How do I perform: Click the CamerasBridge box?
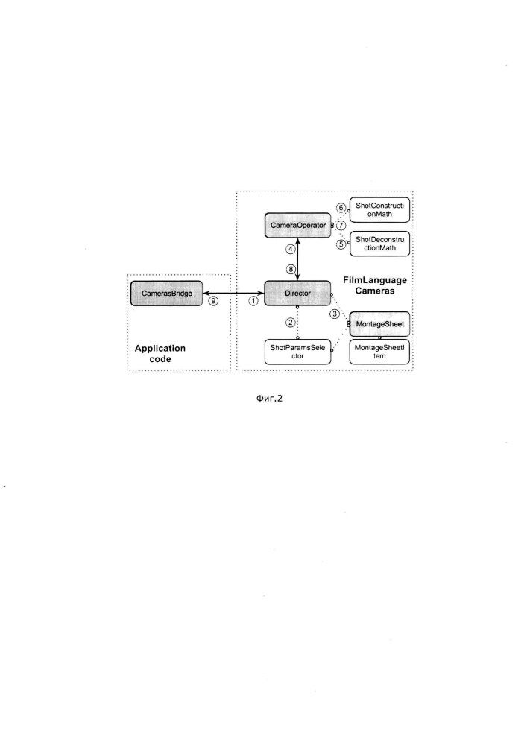coord(166,293)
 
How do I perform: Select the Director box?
coord(297,293)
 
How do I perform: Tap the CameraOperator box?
coord(297,225)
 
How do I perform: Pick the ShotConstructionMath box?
coord(379,209)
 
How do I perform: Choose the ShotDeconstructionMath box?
coord(379,244)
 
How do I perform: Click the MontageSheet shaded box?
coord(379,324)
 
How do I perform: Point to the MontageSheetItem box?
coord(379,352)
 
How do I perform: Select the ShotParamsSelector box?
coord(297,352)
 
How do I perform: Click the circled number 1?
coord(253,301)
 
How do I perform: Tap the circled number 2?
coord(291,322)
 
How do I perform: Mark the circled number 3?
coord(335,314)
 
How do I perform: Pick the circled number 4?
coord(291,249)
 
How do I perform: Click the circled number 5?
coord(341,244)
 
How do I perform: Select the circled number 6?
coord(341,208)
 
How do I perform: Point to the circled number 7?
coord(341,226)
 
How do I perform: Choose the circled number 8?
coord(291,270)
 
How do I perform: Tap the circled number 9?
coord(213,301)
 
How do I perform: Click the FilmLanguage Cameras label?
coord(375,285)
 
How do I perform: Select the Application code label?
coord(160,353)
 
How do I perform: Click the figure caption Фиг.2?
coord(269,398)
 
